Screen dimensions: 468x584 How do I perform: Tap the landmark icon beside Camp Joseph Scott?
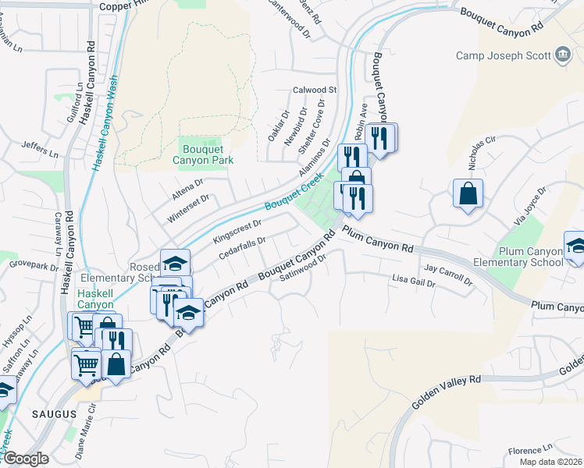tap(562, 55)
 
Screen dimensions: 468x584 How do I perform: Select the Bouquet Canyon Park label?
tap(203, 154)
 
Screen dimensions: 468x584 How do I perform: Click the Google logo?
tap(25, 459)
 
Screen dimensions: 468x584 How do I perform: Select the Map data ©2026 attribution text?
tap(550, 462)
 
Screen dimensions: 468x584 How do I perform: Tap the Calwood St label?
tap(314, 90)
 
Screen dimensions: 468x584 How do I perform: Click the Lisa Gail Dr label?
tap(413, 280)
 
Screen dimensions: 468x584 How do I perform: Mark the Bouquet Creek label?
tap(293, 195)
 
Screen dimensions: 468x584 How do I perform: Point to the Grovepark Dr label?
tap(34, 264)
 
